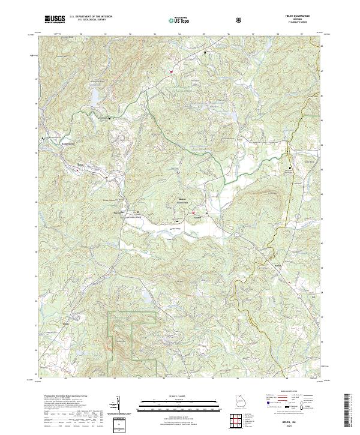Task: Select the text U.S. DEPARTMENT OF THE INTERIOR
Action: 91,17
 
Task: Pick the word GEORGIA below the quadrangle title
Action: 305,20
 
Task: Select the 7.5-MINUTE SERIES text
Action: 305,23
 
